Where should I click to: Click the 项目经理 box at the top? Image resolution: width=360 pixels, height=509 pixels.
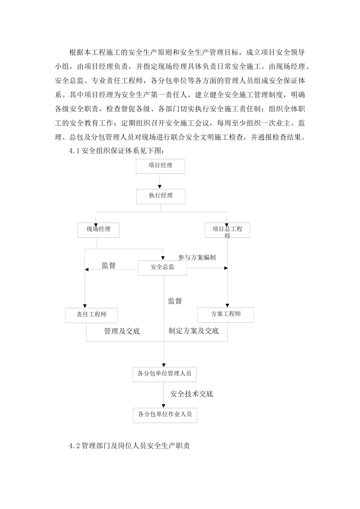pyautogui.click(x=160, y=166)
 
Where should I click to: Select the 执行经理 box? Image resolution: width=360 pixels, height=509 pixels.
pyautogui.click(x=161, y=196)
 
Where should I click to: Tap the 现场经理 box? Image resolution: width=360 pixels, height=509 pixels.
pyautogui.click(x=99, y=230)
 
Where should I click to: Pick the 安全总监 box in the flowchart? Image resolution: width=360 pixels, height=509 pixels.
pyautogui.click(x=162, y=268)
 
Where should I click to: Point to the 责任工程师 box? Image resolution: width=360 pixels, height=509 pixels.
pyautogui.click(x=91, y=315)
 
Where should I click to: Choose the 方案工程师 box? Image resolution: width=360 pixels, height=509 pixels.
pyautogui.click(x=225, y=315)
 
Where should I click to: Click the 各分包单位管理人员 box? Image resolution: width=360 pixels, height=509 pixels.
pyautogui.click(x=164, y=374)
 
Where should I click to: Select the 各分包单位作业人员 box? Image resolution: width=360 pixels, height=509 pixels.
pyautogui.click(x=165, y=415)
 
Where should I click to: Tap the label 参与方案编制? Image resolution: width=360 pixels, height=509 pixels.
pyautogui.click(x=197, y=258)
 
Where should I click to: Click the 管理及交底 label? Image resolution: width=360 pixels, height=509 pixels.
pyautogui.click(x=122, y=331)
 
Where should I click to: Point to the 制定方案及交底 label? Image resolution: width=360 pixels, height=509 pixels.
pyautogui.click(x=194, y=331)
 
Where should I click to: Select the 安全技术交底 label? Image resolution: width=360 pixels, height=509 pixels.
pyautogui.click(x=192, y=394)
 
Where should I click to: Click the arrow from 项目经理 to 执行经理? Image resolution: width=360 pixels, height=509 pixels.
pyautogui.click(x=161, y=181)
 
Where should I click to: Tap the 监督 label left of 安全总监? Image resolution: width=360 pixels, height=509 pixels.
pyautogui.click(x=108, y=265)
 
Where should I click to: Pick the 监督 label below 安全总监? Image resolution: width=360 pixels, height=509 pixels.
pyautogui.click(x=175, y=301)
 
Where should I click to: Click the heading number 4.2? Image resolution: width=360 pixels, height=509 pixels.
pyautogui.click(x=74, y=446)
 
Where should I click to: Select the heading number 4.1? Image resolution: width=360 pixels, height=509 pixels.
pyautogui.click(x=74, y=151)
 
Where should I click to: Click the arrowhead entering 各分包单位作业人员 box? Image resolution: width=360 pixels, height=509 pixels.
pyautogui.click(x=164, y=406)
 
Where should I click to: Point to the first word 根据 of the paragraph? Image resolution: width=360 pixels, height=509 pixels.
pyautogui.click(x=74, y=52)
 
